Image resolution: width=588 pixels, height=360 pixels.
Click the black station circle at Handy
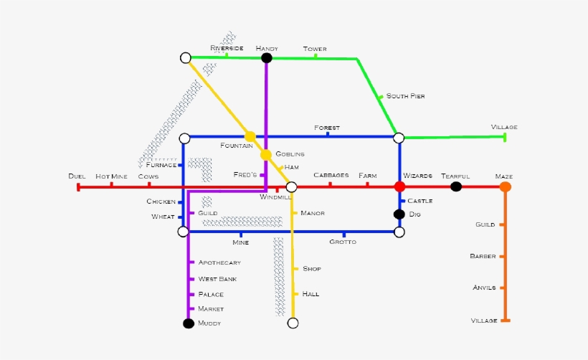point(267,58)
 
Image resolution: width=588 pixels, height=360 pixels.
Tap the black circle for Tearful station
point(456,186)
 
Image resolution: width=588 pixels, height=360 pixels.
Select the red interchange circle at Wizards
point(399,186)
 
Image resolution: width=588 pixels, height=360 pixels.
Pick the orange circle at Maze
point(505,186)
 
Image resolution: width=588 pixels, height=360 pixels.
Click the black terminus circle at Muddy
point(189,323)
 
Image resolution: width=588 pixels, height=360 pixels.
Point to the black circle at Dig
point(399,214)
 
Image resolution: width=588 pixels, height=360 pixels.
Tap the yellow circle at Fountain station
point(250,136)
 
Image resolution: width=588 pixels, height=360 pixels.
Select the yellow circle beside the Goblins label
point(266,154)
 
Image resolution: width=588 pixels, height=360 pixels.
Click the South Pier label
point(405,96)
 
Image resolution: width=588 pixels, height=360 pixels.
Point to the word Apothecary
point(219,262)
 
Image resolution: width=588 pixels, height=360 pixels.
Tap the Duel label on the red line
point(77,176)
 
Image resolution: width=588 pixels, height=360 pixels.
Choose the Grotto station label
point(343,242)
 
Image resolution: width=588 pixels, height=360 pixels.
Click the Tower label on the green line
point(315,49)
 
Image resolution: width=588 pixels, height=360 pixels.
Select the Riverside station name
point(227,48)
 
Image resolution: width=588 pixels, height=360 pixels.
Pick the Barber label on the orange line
point(483,256)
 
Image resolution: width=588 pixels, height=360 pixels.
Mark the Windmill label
point(275,197)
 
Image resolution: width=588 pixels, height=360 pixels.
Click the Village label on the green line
point(504,127)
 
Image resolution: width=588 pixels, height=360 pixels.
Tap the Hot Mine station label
point(111,176)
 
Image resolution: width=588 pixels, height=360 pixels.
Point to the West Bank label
point(217,279)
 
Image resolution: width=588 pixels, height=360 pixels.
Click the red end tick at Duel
point(78,187)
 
